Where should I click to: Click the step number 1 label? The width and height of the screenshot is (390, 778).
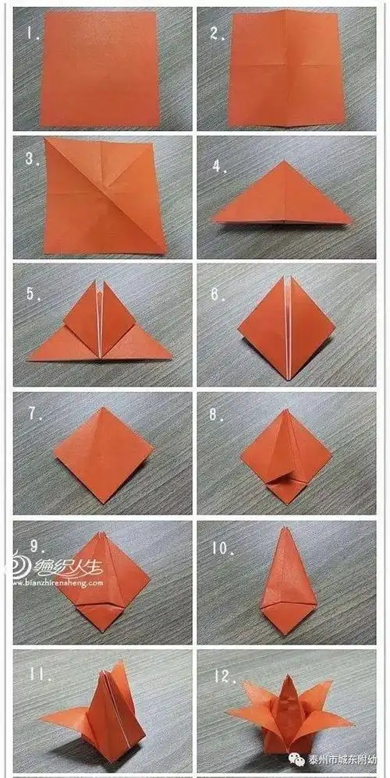click(30, 34)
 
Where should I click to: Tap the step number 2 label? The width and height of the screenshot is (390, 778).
click(214, 34)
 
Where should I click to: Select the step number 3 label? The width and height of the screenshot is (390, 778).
click(31, 159)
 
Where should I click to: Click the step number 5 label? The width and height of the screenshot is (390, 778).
click(31, 295)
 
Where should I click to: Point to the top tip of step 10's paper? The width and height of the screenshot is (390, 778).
click(282, 529)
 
